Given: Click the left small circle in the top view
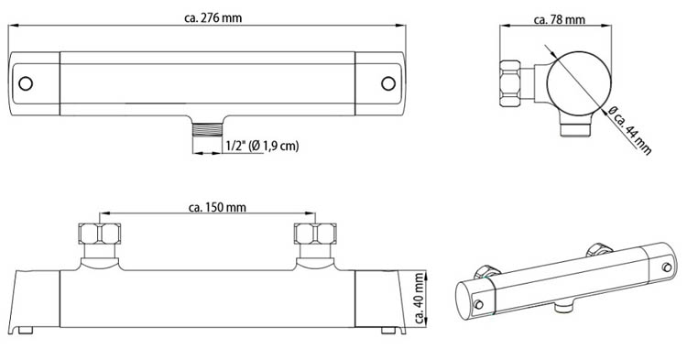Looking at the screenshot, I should point(25,83).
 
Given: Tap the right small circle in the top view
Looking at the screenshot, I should point(387,83).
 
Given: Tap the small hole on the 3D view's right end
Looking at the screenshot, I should point(666,267).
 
